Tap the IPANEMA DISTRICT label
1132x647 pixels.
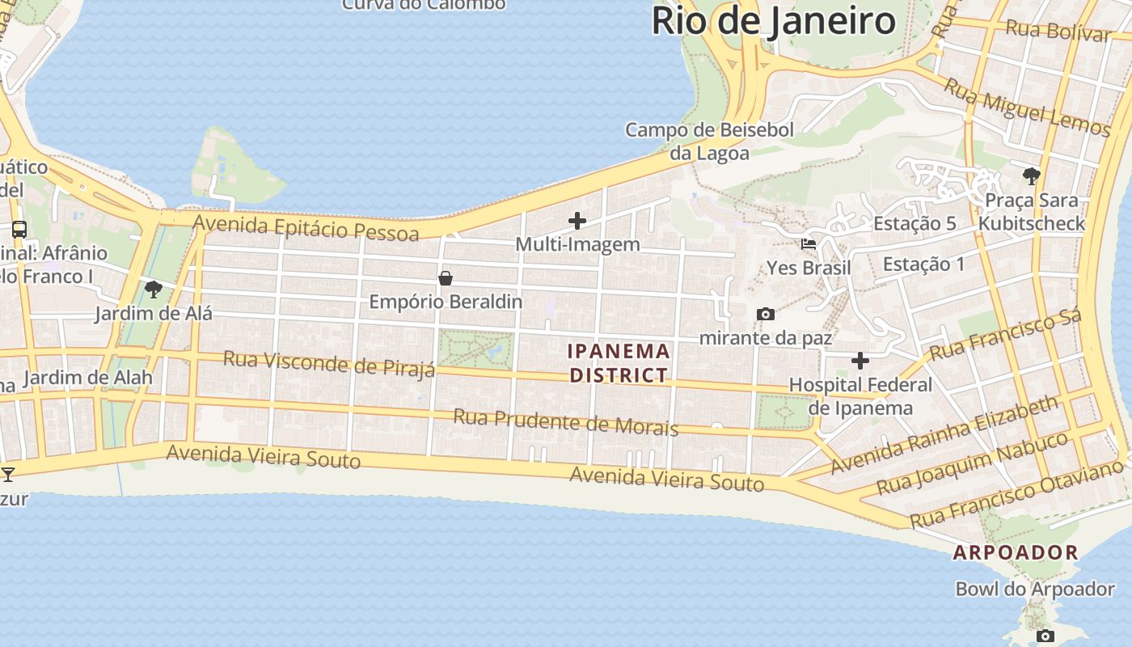pos(619,363)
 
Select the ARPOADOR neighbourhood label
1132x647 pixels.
pos(1016,553)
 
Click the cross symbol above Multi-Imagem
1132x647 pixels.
pos(577,220)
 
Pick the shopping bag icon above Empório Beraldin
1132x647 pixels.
pos(445,278)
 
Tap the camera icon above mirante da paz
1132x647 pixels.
pos(765,314)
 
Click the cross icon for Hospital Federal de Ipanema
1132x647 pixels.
pos(860,360)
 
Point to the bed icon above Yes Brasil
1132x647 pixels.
pos(808,244)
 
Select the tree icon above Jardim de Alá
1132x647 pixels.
pos(153,289)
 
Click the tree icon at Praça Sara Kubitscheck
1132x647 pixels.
pos(1031,175)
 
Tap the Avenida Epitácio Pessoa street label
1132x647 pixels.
pos(306,227)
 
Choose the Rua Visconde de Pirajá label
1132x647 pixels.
pos(329,363)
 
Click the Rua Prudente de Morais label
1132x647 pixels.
pos(565,421)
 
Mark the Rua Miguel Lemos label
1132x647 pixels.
pos(1028,108)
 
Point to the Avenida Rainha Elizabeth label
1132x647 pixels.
pos(944,434)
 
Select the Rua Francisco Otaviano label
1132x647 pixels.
pos(1016,493)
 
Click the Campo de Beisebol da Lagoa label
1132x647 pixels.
pos(709,141)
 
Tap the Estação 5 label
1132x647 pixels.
pos(914,224)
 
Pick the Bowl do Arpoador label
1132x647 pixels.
pos(1035,589)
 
